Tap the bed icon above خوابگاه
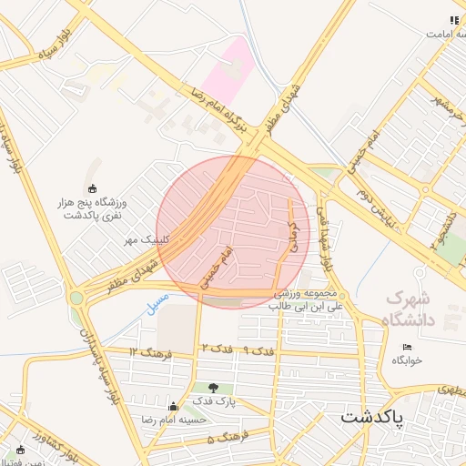407,347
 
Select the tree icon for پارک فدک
214,389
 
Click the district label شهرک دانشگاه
412,308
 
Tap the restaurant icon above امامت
454,20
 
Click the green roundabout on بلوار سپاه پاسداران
76,297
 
